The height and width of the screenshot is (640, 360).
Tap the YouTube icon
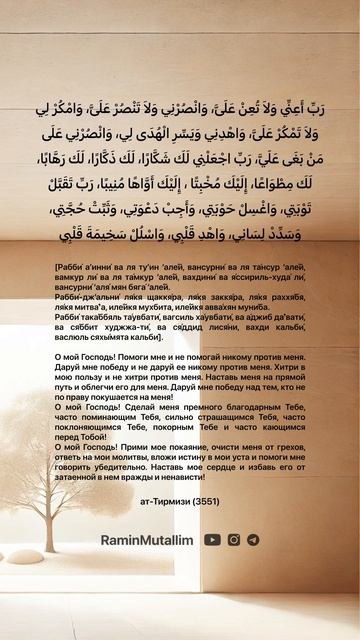[x=212, y=539]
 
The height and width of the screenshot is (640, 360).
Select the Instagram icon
[x=234, y=539]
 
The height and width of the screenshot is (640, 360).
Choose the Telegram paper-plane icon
[x=253, y=539]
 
